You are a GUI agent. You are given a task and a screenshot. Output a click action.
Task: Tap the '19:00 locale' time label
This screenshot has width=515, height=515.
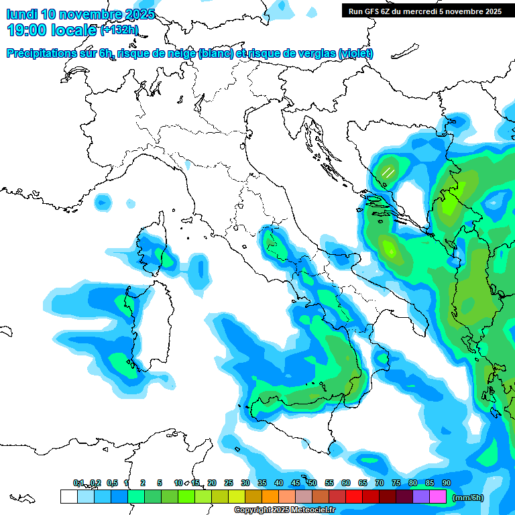click(x=52, y=30)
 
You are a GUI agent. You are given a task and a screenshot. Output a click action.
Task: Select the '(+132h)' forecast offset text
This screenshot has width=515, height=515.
click(x=119, y=30)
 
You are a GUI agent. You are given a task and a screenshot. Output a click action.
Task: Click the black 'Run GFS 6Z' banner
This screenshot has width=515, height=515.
click(x=422, y=11)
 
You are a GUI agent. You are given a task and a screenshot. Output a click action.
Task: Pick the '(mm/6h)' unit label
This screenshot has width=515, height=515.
click(x=468, y=498)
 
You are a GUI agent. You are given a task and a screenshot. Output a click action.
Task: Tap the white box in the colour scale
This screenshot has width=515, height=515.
click(x=68, y=497)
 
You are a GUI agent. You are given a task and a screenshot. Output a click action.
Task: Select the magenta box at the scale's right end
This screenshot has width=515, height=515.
click(x=438, y=497)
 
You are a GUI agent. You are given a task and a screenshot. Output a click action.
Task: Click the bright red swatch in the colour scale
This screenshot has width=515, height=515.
click(x=354, y=497)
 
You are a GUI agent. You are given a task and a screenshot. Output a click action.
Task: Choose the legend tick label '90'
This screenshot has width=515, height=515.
click(x=447, y=483)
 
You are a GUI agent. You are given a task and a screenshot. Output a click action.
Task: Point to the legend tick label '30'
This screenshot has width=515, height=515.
click(x=245, y=483)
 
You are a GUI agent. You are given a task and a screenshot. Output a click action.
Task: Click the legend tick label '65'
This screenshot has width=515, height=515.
click(x=363, y=483)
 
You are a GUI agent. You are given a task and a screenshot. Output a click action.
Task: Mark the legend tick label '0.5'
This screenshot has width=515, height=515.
click(x=112, y=483)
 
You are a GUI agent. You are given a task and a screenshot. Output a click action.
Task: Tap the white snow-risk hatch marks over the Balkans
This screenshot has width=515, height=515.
click(x=388, y=172)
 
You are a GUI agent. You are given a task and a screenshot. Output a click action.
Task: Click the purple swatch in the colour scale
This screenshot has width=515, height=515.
click(x=421, y=497)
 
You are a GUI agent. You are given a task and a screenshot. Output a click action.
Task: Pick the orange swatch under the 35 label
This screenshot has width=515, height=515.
click(x=270, y=497)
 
